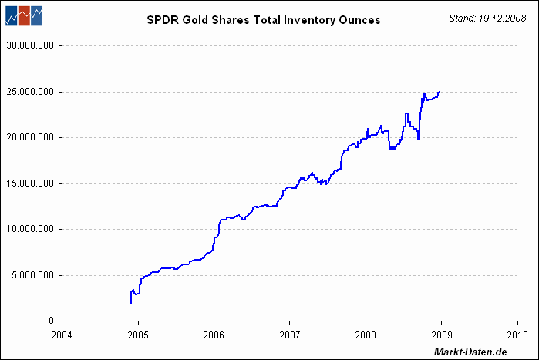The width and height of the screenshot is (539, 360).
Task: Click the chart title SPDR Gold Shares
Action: tap(263, 20)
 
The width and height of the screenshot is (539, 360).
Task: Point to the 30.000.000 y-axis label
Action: tap(31, 45)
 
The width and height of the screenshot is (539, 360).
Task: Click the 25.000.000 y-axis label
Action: tap(31, 92)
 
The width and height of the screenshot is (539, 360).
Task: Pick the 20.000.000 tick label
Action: tap(31, 137)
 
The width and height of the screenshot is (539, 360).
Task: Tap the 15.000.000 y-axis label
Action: tap(31, 183)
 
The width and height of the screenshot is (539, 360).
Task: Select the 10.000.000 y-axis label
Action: tap(31, 229)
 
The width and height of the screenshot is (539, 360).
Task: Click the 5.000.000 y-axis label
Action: tap(34, 274)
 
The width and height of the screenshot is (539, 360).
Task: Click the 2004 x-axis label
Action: tap(62, 335)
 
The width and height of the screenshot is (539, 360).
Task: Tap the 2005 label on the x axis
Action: tap(138, 335)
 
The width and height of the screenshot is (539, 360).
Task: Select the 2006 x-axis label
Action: tap(214, 335)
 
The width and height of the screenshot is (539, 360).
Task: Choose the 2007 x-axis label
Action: tap(289, 335)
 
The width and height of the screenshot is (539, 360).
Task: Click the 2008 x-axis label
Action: tap(366, 335)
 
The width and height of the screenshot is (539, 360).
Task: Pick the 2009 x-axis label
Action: tap(441, 335)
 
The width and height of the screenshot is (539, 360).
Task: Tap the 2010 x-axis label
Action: tap(517, 335)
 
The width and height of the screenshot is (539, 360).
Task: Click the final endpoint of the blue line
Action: tap(439, 92)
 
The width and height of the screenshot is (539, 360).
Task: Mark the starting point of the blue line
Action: tap(130, 304)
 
